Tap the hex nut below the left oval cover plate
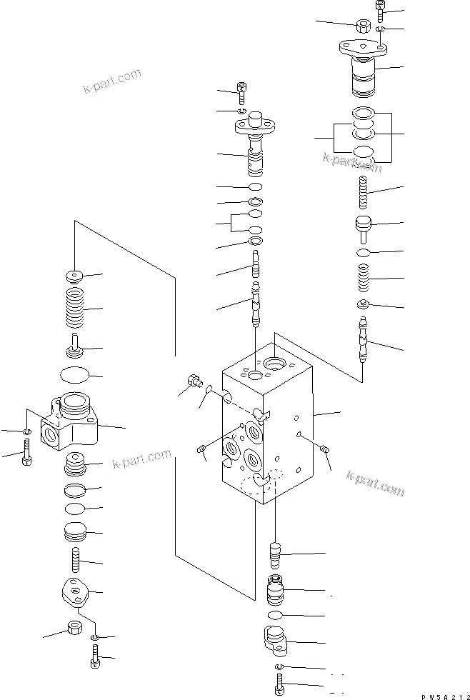(x=73, y=628)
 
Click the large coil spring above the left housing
(x=74, y=307)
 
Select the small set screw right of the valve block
(x=324, y=449)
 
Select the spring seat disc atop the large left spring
(x=74, y=275)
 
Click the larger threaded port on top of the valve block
(x=274, y=364)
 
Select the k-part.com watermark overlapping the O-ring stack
(x=352, y=164)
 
